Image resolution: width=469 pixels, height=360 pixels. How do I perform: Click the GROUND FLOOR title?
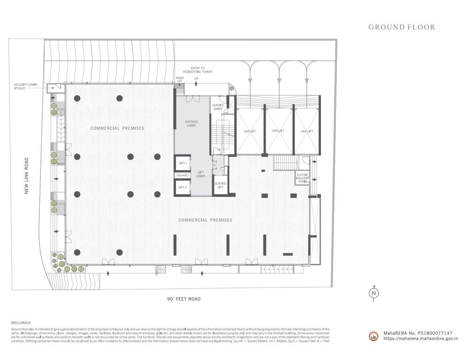coord(401,27)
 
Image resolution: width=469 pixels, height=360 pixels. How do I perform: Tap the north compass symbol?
coord(374,293)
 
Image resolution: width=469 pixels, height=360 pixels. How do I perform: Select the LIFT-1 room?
coord(183,163)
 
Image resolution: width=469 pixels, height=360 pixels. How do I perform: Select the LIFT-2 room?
coord(183,187)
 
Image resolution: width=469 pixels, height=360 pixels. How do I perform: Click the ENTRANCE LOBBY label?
coord(191,124)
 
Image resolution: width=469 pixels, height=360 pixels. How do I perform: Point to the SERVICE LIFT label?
coord(220,185)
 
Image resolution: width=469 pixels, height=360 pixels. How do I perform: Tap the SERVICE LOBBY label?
coord(218,107)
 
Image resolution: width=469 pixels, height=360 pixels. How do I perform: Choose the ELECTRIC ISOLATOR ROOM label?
coord(303,178)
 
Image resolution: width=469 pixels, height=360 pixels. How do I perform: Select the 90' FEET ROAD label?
coord(184,299)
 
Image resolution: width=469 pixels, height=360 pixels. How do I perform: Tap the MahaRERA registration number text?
coord(417,333)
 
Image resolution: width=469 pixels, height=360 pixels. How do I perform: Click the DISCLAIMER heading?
coord(20,322)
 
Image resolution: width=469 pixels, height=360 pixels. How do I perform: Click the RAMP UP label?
coord(179,80)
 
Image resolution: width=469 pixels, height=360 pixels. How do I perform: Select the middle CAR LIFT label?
coord(279,131)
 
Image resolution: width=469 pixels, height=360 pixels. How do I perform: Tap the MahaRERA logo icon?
coord(374,336)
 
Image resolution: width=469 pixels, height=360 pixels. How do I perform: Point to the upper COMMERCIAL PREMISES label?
coord(117,128)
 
